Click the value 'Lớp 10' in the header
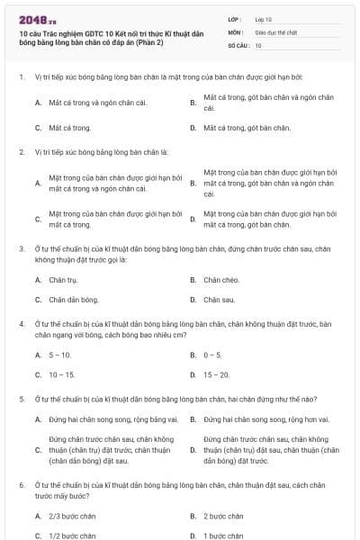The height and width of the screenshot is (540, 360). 265,19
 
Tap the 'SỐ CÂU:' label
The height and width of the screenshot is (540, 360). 238,44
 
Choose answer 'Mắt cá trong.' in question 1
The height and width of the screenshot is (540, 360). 70,128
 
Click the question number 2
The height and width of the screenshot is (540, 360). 21,151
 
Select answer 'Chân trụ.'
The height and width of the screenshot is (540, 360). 63,280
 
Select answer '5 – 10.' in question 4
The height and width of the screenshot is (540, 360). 60,355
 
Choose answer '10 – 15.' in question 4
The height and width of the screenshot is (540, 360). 62,374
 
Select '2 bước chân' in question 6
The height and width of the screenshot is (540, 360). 223,517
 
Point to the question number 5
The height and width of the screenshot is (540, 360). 21,398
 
